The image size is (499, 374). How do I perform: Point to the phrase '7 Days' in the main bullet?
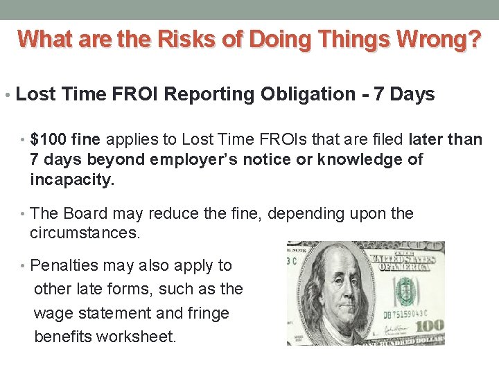(x=404, y=95)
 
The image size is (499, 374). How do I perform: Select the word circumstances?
(x=85, y=233)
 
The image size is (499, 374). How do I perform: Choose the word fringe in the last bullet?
(x=208, y=313)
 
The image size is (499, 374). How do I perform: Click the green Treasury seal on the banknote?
(x=403, y=292)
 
